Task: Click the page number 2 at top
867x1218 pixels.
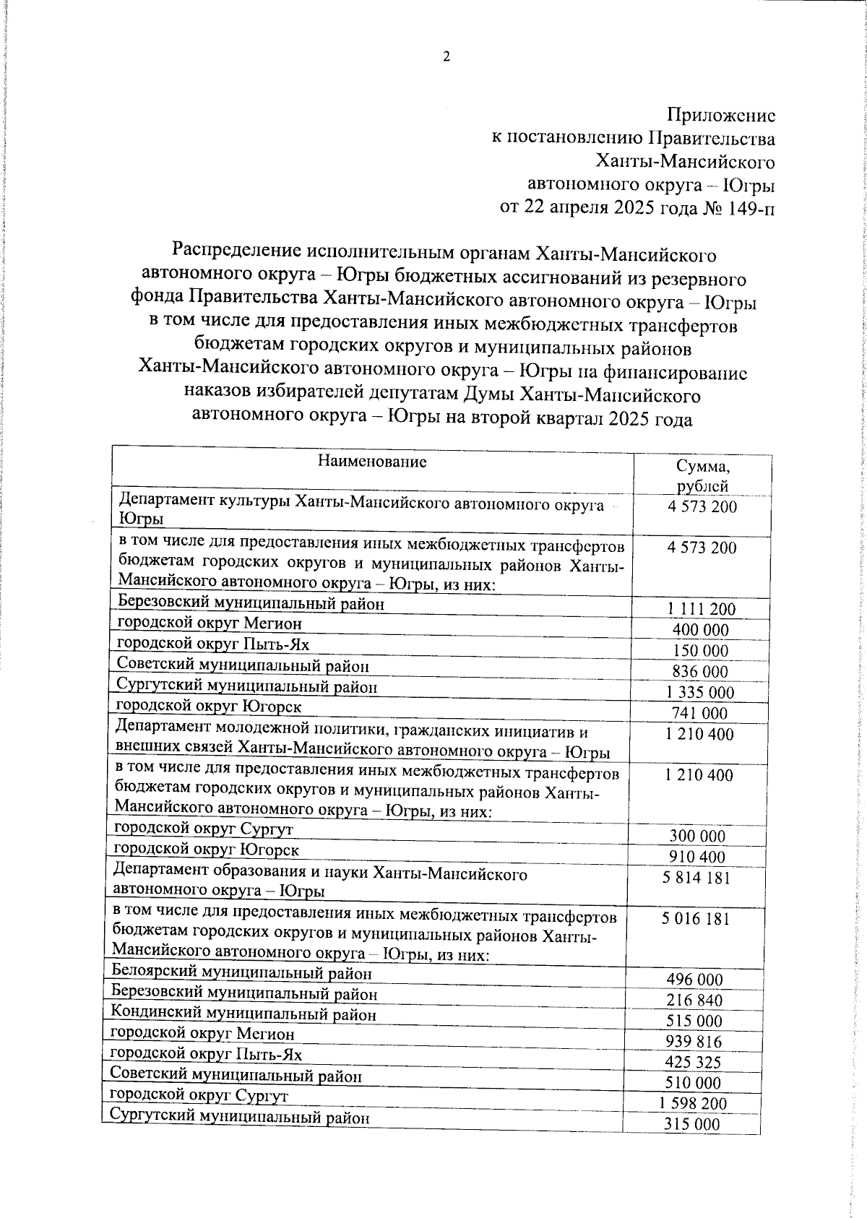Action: click(446, 57)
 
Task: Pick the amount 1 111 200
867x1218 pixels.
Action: click(702, 609)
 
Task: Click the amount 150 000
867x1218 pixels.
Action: click(700, 651)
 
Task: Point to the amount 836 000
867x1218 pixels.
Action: click(700, 672)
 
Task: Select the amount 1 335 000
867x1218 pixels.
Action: click(700, 693)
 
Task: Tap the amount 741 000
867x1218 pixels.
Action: click(700, 714)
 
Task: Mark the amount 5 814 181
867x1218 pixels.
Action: click(696, 878)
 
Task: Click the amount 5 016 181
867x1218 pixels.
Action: click(696, 919)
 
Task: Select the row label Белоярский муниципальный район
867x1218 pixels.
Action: click(242, 973)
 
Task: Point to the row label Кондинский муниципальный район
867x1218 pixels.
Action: click(243, 1014)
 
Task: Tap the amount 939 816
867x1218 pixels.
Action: click(694, 1042)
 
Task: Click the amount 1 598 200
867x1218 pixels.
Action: click(693, 1104)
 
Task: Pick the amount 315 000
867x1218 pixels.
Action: click(691, 1125)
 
